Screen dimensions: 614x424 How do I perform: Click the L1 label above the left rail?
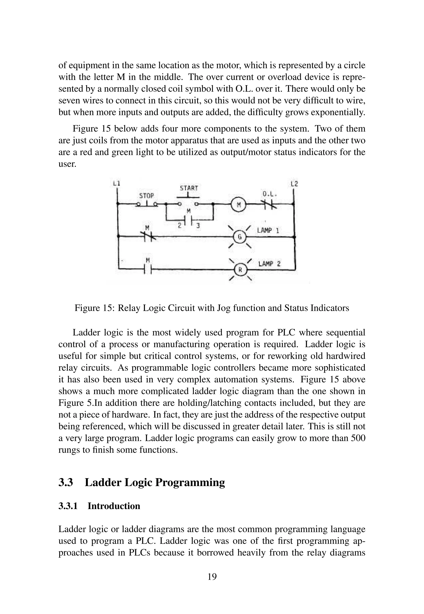tap(116, 183)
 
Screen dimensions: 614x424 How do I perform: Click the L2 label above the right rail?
tap(294, 184)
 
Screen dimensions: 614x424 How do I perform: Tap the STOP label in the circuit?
tap(146, 196)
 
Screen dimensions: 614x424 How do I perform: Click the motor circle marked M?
tap(238, 205)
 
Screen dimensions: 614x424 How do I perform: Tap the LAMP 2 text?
tap(269, 264)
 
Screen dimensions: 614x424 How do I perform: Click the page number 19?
tap(212, 577)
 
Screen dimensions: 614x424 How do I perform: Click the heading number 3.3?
tap(66, 482)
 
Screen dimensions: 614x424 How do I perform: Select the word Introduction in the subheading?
tap(114, 506)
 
